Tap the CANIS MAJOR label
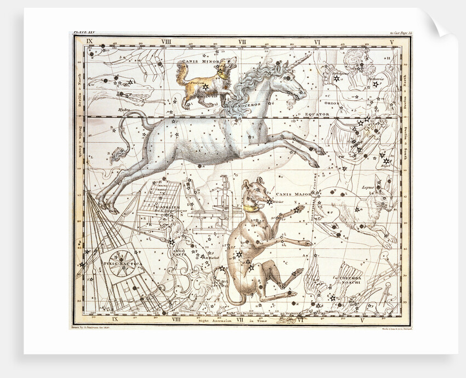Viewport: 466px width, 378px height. (x=290, y=193)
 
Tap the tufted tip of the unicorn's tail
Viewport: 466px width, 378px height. (x=117, y=158)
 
